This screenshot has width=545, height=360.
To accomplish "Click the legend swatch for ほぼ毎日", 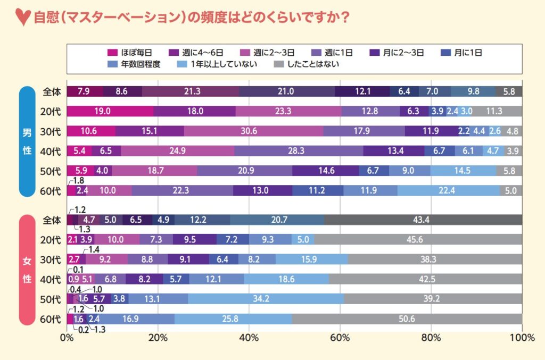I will click(112, 53).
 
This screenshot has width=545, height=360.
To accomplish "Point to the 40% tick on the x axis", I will click(249, 337).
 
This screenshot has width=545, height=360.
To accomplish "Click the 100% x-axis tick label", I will click(522, 337).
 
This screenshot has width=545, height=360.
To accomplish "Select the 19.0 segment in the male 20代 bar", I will click(110, 111).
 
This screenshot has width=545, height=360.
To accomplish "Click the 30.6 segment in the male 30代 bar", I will click(253, 131).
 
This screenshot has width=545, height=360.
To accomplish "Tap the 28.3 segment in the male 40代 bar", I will click(299, 151).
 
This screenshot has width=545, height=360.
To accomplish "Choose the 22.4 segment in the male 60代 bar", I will click(449, 190).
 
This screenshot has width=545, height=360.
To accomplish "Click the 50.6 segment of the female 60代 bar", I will click(407, 319).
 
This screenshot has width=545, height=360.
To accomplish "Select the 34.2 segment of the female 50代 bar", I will click(266, 299).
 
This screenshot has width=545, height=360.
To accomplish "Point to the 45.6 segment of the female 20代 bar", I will click(418, 240).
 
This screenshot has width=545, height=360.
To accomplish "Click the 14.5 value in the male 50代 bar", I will click(463, 171).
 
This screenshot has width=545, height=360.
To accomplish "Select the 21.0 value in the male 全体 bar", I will click(286, 91).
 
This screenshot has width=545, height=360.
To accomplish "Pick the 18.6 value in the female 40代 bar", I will click(286, 279).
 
